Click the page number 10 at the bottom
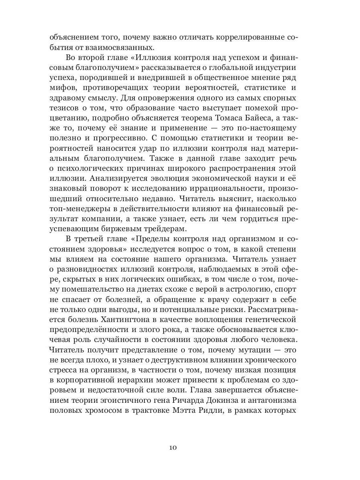tap(172, 447)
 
